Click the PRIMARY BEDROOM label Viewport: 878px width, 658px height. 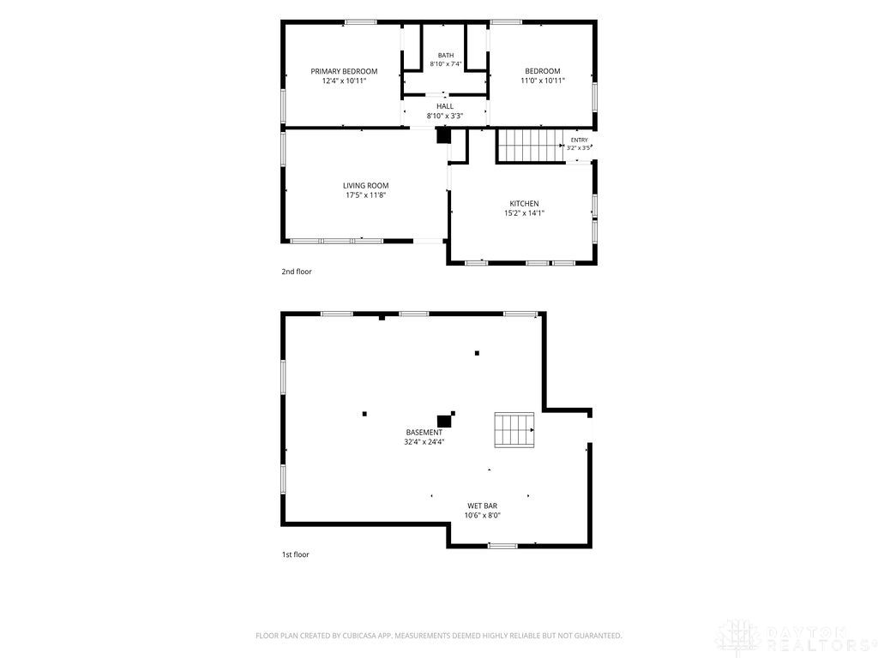344,71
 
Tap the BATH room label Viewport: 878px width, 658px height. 446,56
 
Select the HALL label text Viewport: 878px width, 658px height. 445,106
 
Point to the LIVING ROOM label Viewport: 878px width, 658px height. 365,186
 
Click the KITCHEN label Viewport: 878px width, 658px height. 524,204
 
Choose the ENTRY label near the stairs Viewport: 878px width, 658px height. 580,140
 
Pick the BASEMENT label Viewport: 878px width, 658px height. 424,433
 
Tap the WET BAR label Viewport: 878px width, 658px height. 482,505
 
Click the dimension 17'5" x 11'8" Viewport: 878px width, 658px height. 365,195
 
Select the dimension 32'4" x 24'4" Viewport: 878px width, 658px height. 424,442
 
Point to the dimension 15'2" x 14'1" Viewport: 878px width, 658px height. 524,213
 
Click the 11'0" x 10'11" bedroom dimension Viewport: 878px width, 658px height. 543,81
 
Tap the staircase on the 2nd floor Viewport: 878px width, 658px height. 531,146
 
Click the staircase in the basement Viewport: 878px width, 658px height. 514,430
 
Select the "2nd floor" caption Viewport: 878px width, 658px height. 296,272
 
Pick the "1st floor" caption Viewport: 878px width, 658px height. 295,555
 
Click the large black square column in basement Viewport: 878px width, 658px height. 444,422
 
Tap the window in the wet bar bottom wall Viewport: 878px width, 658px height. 502,546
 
